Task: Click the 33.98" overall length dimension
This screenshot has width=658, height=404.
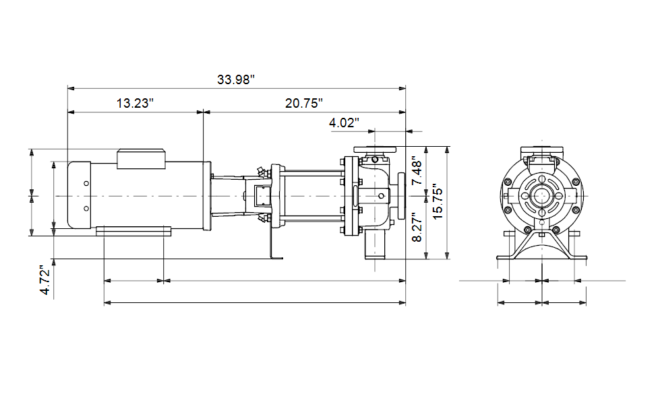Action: pos(236,79)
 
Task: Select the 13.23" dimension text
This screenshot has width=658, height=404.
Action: pos(135,103)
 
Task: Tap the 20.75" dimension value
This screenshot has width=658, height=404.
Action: pos(304,103)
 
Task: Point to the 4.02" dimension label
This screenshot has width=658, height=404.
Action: pos(344,123)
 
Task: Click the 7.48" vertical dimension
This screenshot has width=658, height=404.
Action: pos(417,172)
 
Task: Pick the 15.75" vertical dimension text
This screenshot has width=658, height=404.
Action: pos(438,201)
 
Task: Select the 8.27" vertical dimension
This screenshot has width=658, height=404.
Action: pos(417,227)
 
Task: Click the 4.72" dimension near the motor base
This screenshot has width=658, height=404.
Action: pos(45,280)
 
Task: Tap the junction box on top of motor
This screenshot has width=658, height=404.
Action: pos(141,159)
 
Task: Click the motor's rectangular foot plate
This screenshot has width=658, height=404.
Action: pos(133,232)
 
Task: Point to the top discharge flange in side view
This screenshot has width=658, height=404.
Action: pos(375,149)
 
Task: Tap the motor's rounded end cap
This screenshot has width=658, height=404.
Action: pos(80,195)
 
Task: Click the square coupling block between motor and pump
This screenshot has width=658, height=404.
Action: pos(262,196)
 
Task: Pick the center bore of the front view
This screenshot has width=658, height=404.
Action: pos(542,196)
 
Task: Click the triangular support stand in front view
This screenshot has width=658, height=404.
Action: pos(542,244)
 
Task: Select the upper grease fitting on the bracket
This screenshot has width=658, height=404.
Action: pos(262,171)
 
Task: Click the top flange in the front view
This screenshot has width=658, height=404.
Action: pos(542,149)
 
